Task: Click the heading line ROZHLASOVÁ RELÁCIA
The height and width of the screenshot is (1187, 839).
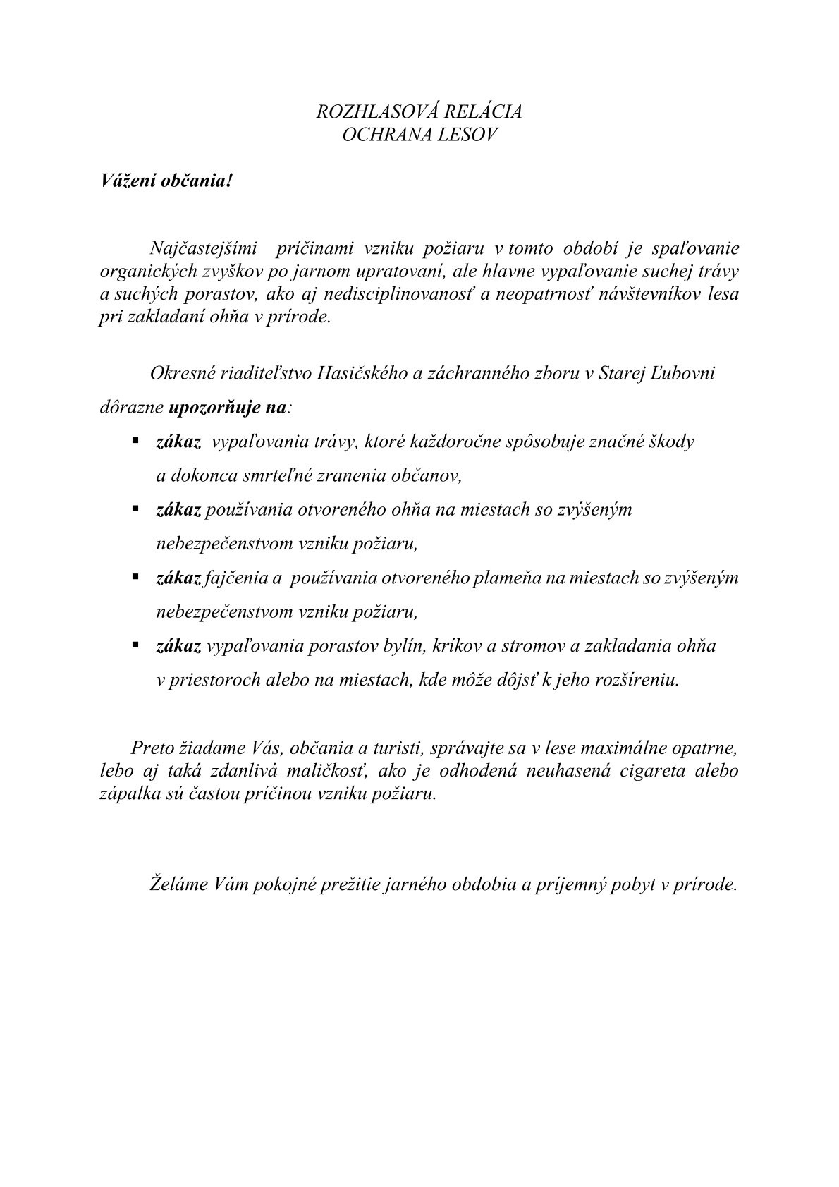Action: point(420,112)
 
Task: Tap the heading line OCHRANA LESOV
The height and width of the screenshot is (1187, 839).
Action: point(420,135)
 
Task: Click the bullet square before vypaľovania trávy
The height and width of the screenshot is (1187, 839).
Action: point(134,441)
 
